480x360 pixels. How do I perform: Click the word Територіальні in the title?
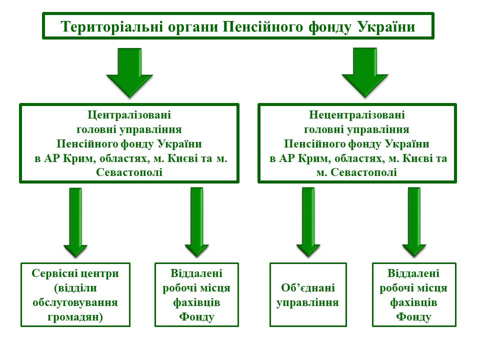click(111, 26)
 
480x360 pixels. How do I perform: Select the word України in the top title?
click(386, 26)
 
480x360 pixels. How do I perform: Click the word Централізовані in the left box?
click(129, 115)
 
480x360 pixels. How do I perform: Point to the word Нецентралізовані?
click(357, 115)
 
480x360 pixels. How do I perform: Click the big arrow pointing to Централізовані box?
click(129, 73)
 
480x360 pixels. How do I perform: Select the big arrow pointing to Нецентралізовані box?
click(365, 73)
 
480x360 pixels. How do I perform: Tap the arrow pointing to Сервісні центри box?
click(75, 222)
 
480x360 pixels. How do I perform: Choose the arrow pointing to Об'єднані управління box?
click(308, 222)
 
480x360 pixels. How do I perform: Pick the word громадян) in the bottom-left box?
click(75, 317)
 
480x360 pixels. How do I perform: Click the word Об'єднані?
click(308, 288)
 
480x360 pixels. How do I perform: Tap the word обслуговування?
click(75, 302)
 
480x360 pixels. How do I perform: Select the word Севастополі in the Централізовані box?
click(129, 172)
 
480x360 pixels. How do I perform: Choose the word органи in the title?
click(193, 27)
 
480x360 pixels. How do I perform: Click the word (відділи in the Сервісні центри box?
click(75, 288)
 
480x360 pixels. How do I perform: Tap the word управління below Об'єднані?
click(308, 303)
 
